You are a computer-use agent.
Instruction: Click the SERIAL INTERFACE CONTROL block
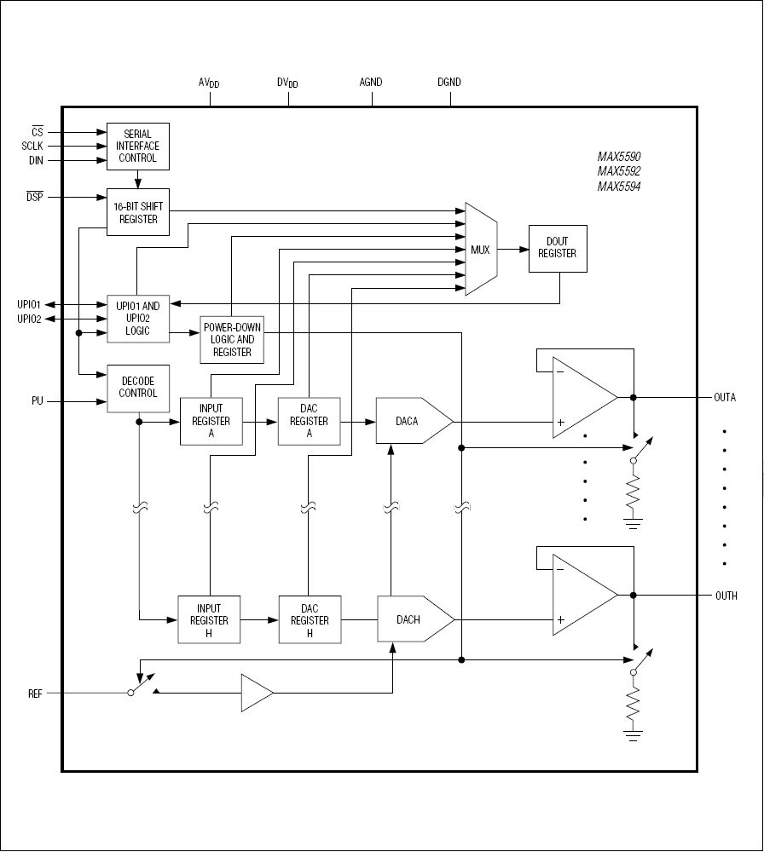137,146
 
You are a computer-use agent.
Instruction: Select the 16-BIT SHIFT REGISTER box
137,212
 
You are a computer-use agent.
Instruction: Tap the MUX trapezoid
481,250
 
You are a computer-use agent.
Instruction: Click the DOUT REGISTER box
558,249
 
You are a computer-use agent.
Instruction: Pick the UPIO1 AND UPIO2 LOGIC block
137,318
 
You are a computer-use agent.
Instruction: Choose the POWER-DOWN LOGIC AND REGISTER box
232,340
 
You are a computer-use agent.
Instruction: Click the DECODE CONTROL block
138,389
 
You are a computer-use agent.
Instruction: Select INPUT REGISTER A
211,421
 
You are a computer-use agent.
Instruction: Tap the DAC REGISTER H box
310,620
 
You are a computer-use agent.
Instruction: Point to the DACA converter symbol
413,421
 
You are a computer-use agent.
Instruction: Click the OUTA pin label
726,397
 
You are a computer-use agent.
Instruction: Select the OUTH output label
726,596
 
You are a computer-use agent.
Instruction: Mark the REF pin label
35,694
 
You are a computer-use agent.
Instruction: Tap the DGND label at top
449,83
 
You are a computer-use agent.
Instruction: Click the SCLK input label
32,146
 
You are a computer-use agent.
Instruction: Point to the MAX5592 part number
618,171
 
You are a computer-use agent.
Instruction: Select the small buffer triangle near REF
256,694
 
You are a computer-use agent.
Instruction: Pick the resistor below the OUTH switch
633,706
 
